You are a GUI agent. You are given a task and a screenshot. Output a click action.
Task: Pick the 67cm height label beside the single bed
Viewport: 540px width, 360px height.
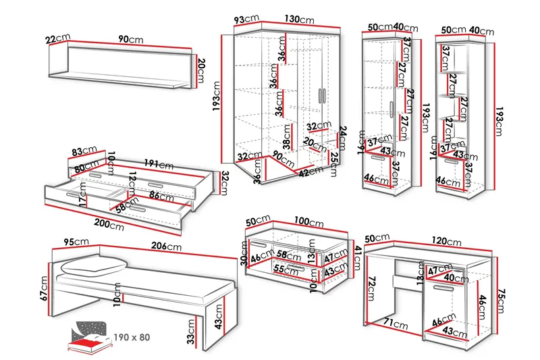[45, 288]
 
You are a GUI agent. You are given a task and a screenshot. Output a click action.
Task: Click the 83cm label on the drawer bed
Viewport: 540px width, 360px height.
[85, 151]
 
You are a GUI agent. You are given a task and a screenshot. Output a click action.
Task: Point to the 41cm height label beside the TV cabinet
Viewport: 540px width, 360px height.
[358, 255]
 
